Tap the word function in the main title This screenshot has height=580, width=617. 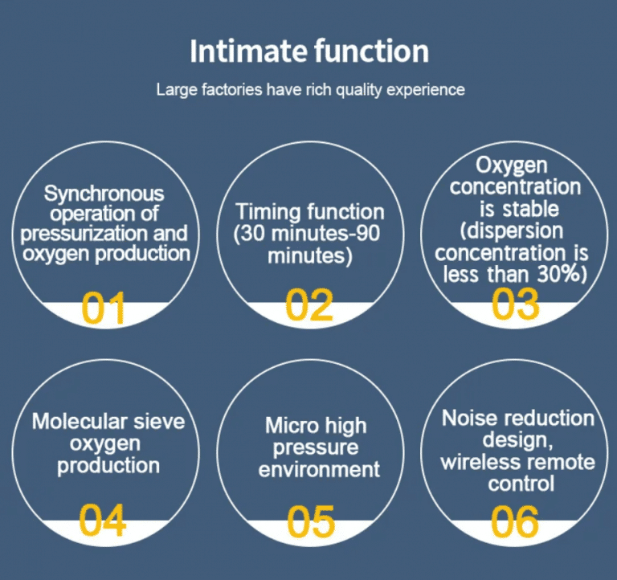click(x=371, y=51)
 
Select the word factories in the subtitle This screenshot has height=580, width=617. click(x=231, y=89)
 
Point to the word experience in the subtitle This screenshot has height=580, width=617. click(x=426, y=90)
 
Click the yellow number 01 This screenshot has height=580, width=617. click(x=104, y=308)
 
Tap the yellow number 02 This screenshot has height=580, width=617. click(x=308, y=304)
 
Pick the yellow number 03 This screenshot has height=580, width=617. click(x=515, y=304)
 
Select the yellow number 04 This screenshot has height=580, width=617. click(x=102, y=521)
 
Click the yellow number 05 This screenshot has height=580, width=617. click(x=310, y=522)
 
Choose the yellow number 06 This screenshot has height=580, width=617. click(x=515, y=522)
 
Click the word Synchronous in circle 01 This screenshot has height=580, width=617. click(x=104, y=194)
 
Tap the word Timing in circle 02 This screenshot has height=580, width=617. click(x=268, y=213)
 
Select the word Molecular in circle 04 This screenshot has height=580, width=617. click(x=80, y=422)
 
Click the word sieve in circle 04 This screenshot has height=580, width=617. click(x=159, y=422)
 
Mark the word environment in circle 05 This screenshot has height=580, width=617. click(x=319, y=470)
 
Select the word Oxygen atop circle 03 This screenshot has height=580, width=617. click(x=511, y=165)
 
